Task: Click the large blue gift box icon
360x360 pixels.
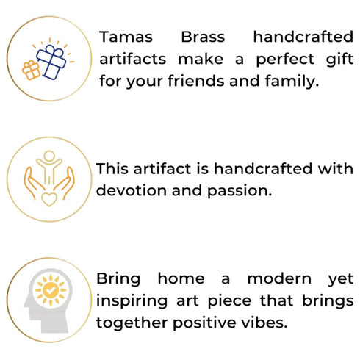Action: tap(51, 60)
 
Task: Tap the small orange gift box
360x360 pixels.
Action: tap(31, 71)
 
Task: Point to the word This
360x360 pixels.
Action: tap(112, 169)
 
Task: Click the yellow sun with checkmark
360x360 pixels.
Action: tap(50, 292)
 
